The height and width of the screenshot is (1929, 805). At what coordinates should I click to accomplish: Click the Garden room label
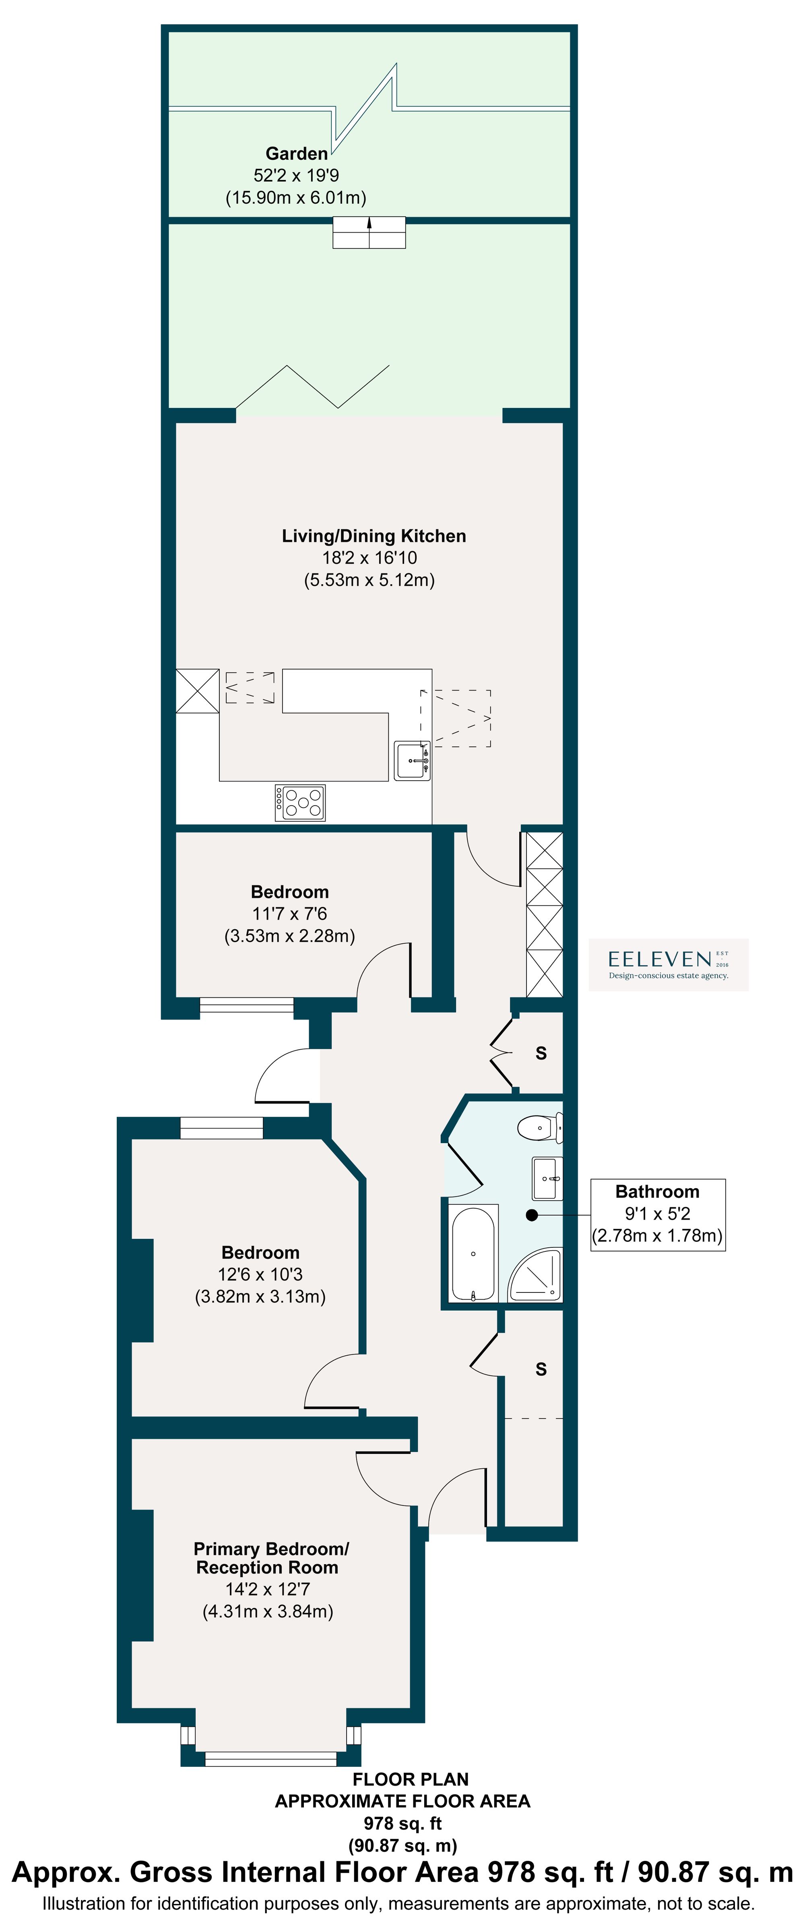click(x=297, y=153)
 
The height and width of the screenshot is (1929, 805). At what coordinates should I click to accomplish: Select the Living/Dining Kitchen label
click(x=374, y=536)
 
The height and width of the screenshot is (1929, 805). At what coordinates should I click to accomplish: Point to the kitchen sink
click(x=412, y=761)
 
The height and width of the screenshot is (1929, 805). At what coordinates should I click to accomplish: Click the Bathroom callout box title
click(x=657, y=1191)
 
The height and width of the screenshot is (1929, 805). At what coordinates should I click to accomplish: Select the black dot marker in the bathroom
click(x=532, y=1216)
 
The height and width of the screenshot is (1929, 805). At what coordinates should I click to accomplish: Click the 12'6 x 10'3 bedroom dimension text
click(x=260, y=1274)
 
